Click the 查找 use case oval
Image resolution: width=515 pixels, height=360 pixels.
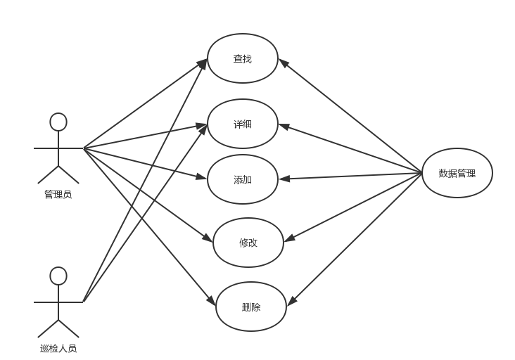[243, 58]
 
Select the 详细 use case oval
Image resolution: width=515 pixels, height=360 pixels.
[243, 124]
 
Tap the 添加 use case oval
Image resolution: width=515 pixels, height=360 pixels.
[243, 179]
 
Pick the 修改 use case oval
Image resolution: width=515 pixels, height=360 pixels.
[248, 243]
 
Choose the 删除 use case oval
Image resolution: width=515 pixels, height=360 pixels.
[250, 307]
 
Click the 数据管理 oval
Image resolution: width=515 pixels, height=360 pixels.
[457, 173]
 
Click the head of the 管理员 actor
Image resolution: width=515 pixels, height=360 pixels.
[58, 122]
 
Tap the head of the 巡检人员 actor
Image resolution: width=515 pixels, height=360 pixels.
[58, 276]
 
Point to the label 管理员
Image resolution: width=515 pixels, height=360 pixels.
[58, 195]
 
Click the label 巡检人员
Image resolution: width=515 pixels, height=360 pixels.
[58, 348]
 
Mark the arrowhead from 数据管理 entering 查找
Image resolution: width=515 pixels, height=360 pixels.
[282, 62]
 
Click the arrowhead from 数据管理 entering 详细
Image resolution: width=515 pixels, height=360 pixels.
[283, 127]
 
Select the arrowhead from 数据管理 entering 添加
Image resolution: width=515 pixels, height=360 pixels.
[284, 179]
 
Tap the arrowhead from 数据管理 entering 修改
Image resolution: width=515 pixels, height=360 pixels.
[288, 239]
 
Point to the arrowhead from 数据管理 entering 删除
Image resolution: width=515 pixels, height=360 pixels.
[291, 302]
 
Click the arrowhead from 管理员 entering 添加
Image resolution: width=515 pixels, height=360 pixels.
[203, 176]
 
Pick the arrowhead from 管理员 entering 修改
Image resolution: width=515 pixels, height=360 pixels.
[208, 239]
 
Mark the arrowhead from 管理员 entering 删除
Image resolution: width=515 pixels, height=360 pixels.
[212, 303]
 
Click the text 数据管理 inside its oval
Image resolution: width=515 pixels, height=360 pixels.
[457, 173]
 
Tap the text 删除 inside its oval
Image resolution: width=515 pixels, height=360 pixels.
[250, 307]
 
